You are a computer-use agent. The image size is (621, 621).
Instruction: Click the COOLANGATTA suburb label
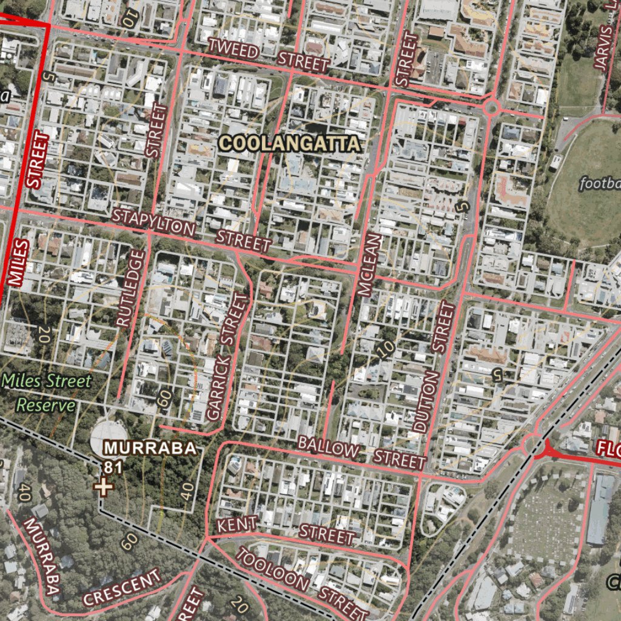click(290, 144)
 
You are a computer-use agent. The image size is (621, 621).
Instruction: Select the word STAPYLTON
click(154, 222)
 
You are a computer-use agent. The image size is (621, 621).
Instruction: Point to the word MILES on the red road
click(19, 263)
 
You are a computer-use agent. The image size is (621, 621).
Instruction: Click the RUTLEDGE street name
click(131, 289)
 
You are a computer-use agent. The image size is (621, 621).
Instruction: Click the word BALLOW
click(328, 448)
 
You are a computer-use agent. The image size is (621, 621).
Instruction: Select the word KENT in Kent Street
click(237, 524)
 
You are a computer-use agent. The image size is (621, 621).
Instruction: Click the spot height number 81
click(110, 468)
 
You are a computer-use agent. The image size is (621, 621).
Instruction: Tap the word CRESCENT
click(123, 586)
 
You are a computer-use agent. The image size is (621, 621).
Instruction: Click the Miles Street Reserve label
click(47, 393)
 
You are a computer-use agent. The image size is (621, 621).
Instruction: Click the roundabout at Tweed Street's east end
click(492, 109)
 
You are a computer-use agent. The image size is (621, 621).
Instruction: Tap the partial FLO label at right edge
click(607, 449)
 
